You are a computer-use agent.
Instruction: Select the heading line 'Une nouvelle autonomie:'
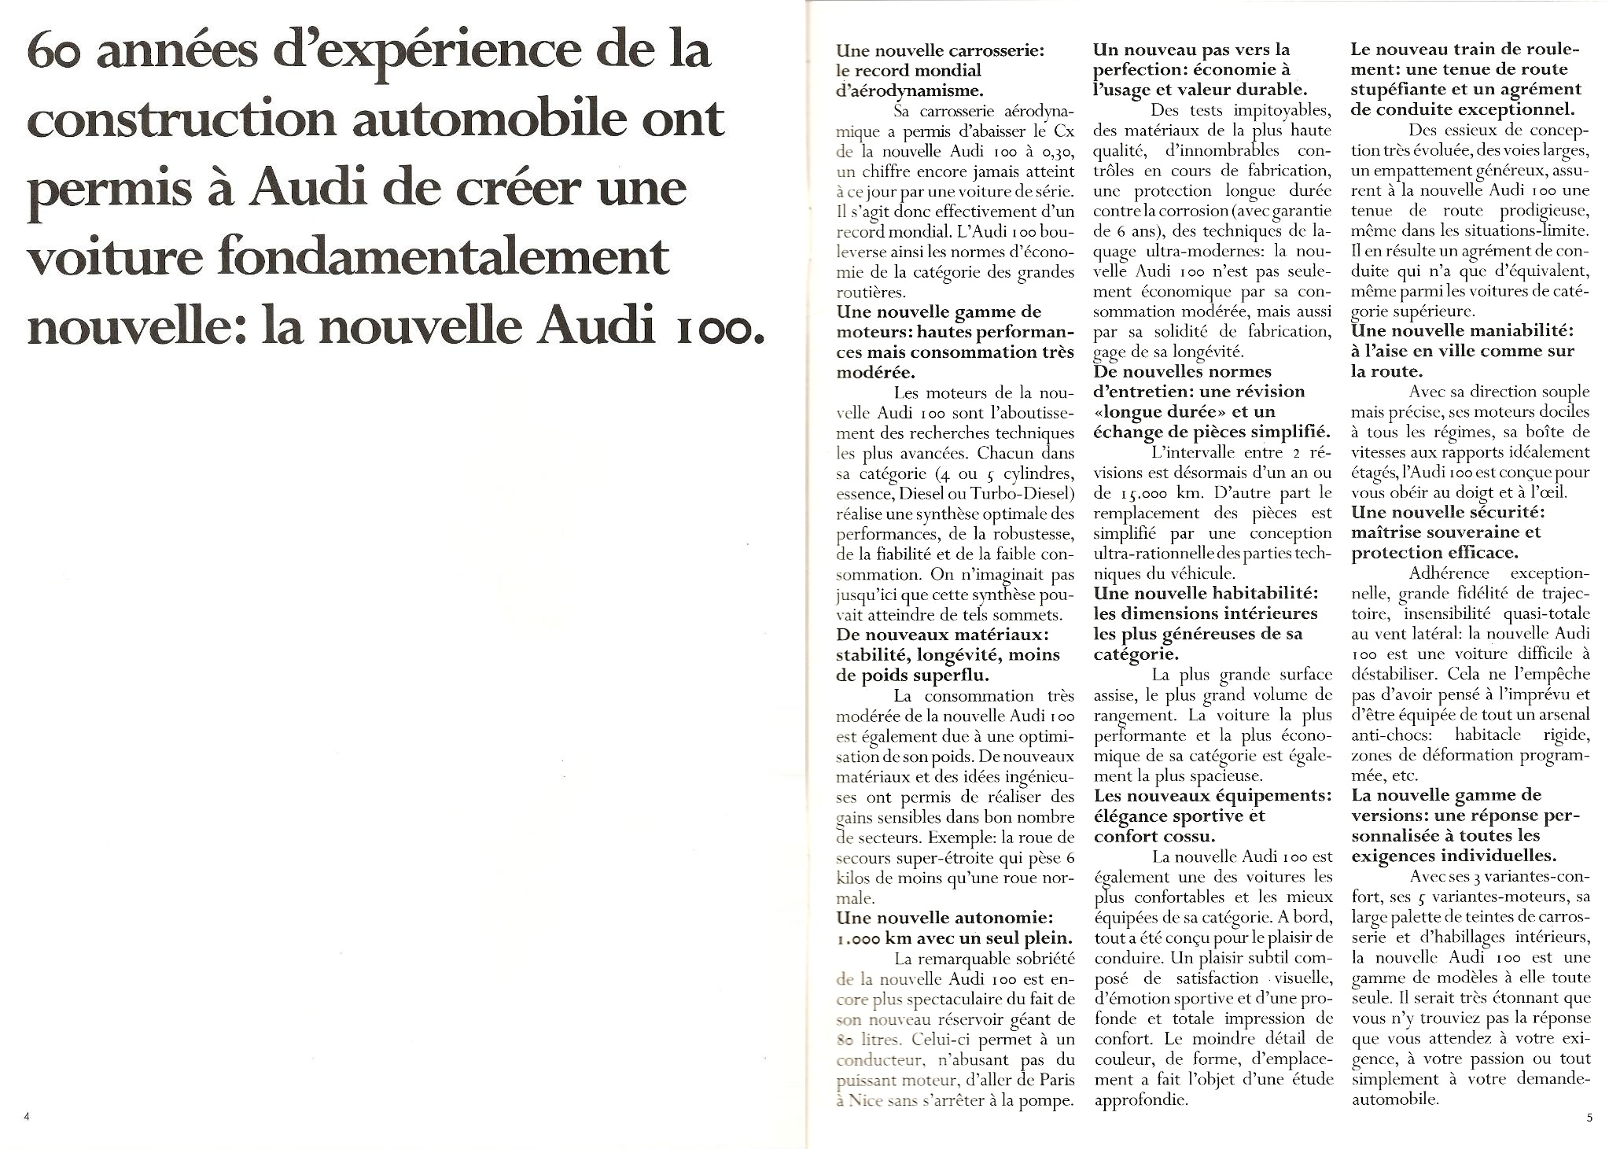(x=944, y=917)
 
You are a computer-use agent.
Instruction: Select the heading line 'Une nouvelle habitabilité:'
(x=1205, y=592)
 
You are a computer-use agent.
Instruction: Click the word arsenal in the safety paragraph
(x=1560, y=714)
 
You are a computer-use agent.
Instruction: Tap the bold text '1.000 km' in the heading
(x=874, y=937)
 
